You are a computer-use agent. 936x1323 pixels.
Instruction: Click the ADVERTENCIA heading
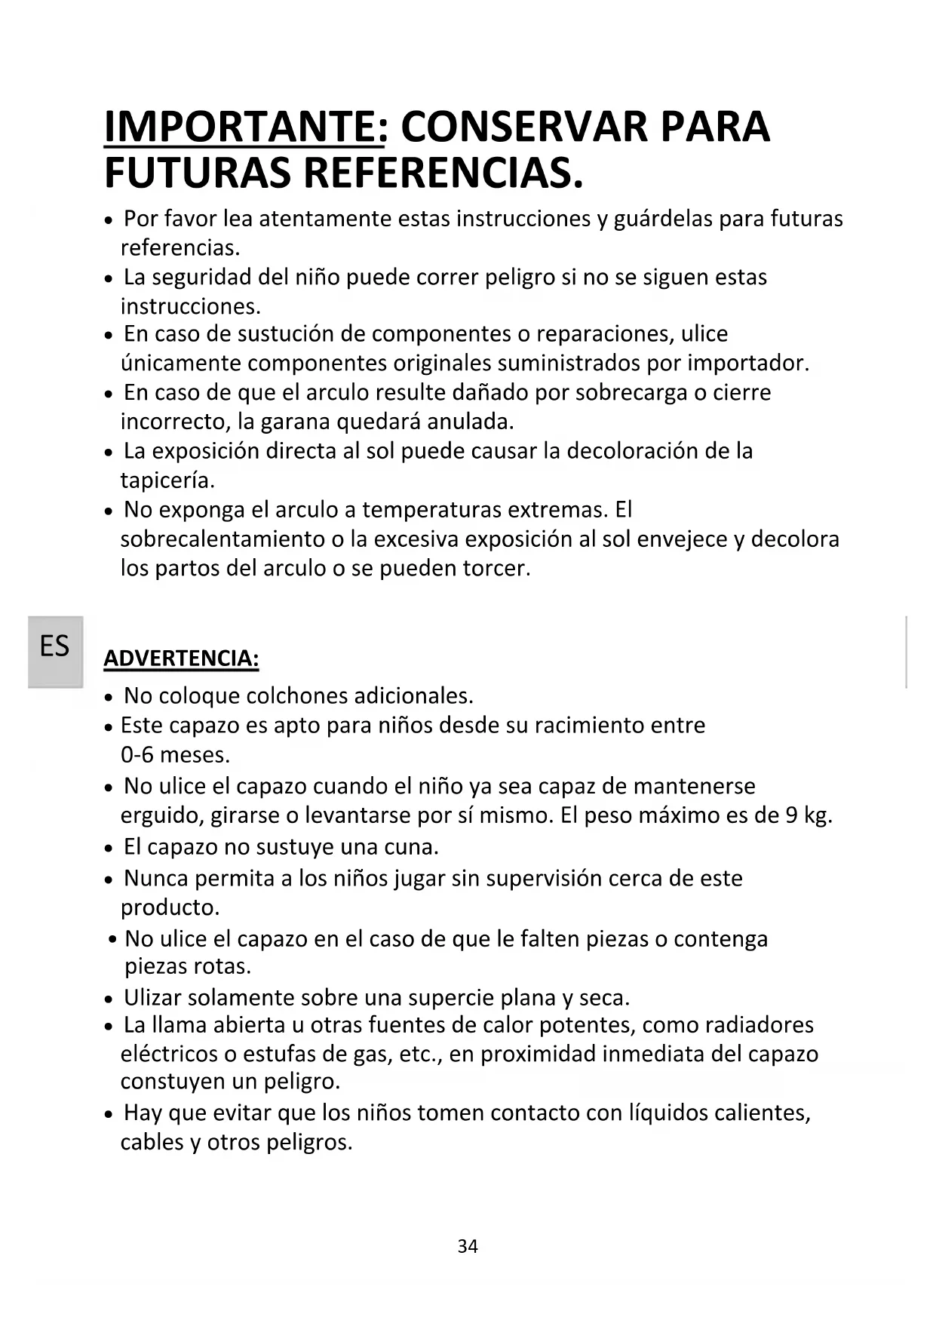(x=181, y=658)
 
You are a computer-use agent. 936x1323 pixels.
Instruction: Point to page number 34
(x=468, y=1247)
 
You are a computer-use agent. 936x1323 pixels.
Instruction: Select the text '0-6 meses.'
(x=175, y=755)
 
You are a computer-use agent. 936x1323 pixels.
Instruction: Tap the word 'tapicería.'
(x=167, y=480)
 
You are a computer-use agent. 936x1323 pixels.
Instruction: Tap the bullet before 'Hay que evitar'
(x=110, y=1115)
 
